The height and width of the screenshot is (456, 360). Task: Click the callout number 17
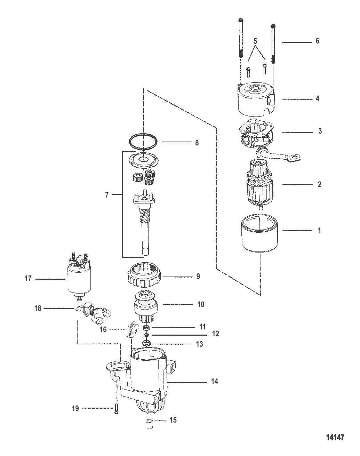28,278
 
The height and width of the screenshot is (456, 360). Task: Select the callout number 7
107,195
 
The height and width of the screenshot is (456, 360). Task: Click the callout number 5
255,41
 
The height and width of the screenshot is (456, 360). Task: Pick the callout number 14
215,382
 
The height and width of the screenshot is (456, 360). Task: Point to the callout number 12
215,334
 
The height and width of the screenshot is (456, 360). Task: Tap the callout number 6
317,41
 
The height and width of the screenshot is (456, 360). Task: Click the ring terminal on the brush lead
295,159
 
